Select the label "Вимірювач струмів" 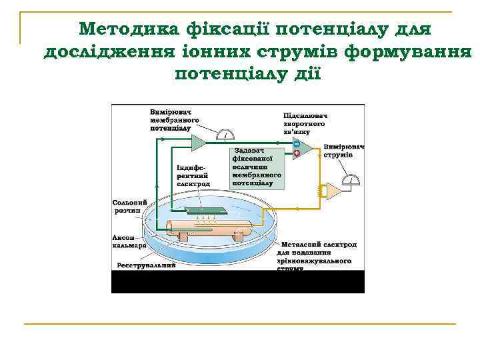(343, 151)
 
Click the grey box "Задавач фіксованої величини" (256, 166)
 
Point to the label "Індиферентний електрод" (193, 175)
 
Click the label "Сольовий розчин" (127, 205)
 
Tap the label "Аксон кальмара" (127, 241)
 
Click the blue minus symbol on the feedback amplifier (296, 145)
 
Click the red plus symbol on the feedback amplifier (296, 154)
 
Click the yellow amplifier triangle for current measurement (334, 192)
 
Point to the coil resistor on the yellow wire (321, 192)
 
